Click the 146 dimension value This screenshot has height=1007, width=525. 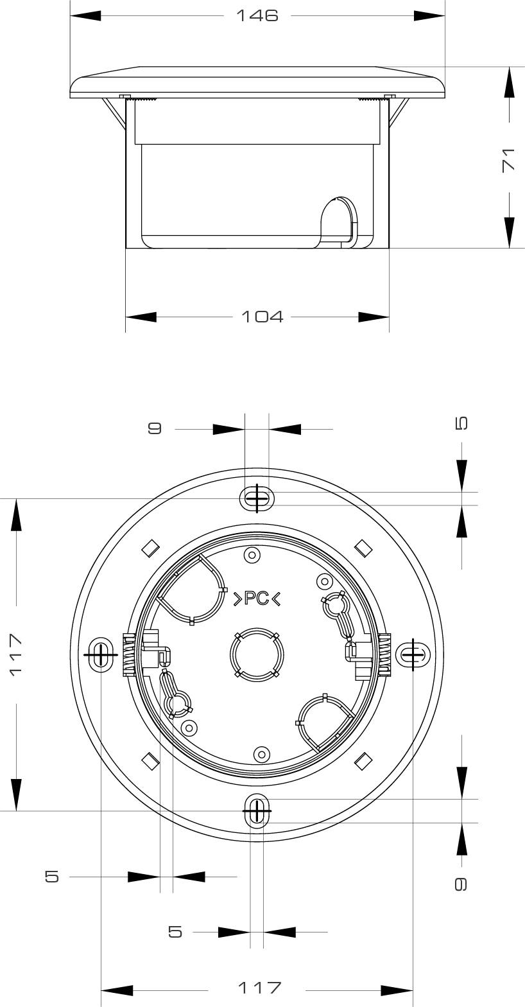click(257, 15)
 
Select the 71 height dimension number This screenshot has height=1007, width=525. click(508, 159)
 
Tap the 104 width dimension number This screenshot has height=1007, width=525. click(262, 317)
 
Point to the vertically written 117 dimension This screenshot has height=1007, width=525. click(15, 654)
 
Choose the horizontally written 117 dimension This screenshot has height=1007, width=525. click(259, 987)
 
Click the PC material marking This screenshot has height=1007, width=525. click(257, 599)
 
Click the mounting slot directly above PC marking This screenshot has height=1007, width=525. click(257, 498)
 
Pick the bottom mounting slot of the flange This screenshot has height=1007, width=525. click(257, 811)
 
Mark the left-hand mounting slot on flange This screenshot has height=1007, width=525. click(101, 654)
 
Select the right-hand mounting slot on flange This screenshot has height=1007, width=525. click(412, 655)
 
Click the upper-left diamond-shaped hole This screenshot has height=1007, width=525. click(150, 548)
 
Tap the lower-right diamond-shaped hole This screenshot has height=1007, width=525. click(363, 761)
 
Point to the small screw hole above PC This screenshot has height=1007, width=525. click(252, 555)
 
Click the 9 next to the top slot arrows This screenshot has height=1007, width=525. click(155, 428)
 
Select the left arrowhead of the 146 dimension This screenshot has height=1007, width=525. click(85, 15)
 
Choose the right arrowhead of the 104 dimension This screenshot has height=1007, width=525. click(374, 317)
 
